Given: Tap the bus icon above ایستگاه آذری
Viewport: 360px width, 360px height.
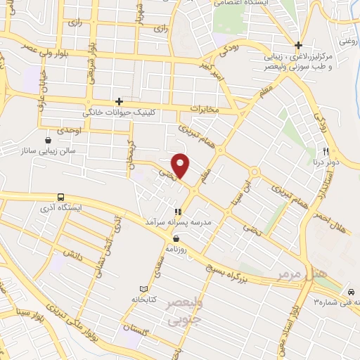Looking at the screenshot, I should (x=60, y=198).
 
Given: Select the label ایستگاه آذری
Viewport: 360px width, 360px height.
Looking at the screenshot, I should (x=79, y=209).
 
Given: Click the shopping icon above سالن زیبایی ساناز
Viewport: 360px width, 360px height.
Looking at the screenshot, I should (x=48, y=139).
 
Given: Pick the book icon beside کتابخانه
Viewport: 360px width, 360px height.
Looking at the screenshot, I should (x=144, y=289).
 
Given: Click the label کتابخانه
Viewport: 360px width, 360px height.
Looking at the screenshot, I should (x=143, y=300).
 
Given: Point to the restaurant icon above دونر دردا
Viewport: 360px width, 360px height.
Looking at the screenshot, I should (x=326, y=150).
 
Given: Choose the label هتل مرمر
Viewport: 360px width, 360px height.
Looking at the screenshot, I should (x=292, y=269).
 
